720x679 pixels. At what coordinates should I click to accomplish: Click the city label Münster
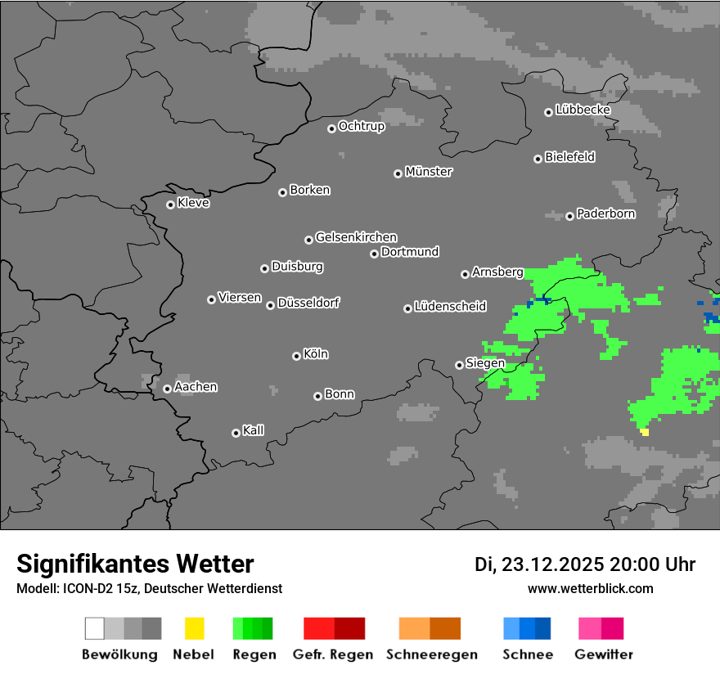coord(429,172)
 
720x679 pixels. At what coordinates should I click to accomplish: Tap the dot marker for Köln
coord(296,356)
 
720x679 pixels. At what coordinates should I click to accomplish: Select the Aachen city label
coord(196,387)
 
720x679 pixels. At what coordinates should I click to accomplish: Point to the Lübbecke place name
coord(583,110)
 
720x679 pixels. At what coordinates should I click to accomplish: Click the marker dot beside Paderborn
coord(569,216)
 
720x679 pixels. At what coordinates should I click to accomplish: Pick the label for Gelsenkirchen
coord(356,237)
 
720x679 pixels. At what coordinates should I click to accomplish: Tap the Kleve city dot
coord(170,205)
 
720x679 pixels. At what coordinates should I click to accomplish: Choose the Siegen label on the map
coord(485,363)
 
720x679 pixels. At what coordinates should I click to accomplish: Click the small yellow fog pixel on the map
coord(645,432)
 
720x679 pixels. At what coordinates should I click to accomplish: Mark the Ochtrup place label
coord(362,126)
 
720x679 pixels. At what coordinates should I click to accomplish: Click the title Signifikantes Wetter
coord(135,564)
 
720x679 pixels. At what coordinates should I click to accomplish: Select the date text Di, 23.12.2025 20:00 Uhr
coord(585,564)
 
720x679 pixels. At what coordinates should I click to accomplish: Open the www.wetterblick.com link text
coord(590,588)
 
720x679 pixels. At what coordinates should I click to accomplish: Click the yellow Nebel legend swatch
coord(194,628)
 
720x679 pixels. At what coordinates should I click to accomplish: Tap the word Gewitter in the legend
coord(604,654)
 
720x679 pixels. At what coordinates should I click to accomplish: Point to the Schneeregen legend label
coord(432,654)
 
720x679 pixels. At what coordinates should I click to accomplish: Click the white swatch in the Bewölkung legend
coord(94,628)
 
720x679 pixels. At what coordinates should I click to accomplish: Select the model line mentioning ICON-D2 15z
coord(149,588)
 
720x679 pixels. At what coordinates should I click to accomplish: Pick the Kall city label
coord(254,430)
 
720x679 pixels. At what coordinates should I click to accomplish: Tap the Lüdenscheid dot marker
coord(407,308)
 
